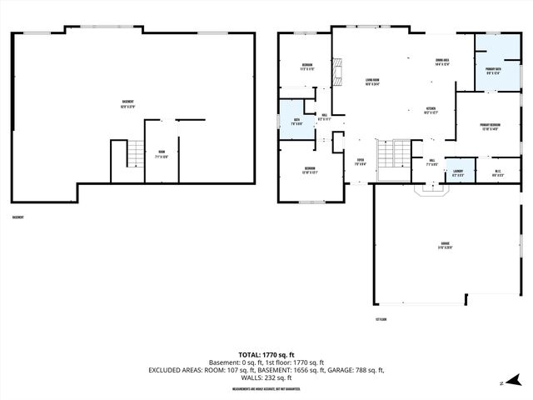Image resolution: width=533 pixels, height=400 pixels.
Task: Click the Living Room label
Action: point(371,82)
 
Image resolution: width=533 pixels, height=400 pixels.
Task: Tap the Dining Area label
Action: point(442,62)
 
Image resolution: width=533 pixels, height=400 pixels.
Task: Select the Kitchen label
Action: point(431,111)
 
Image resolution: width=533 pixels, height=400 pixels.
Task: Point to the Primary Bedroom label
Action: point(489,127)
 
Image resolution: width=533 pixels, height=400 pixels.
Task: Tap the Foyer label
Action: point(361,162)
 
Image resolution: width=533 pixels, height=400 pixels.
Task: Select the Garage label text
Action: point(445,246)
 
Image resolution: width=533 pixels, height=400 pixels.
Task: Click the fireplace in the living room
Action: point(337,73)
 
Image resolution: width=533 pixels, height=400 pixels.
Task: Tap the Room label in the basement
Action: point(162,154)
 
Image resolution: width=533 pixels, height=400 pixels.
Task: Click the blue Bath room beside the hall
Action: point(294,122)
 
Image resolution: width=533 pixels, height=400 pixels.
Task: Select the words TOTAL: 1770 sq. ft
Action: point(266,355)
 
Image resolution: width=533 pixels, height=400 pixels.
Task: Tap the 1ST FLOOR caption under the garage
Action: point(381,318)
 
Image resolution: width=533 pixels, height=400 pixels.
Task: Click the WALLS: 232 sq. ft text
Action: point(266,377)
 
